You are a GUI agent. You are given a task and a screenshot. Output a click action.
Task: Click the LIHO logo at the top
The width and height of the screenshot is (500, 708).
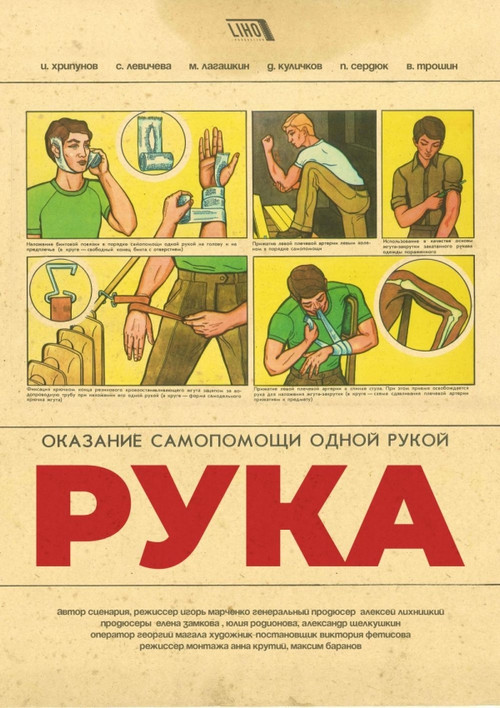pyautogui.click(x=250, y=30)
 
